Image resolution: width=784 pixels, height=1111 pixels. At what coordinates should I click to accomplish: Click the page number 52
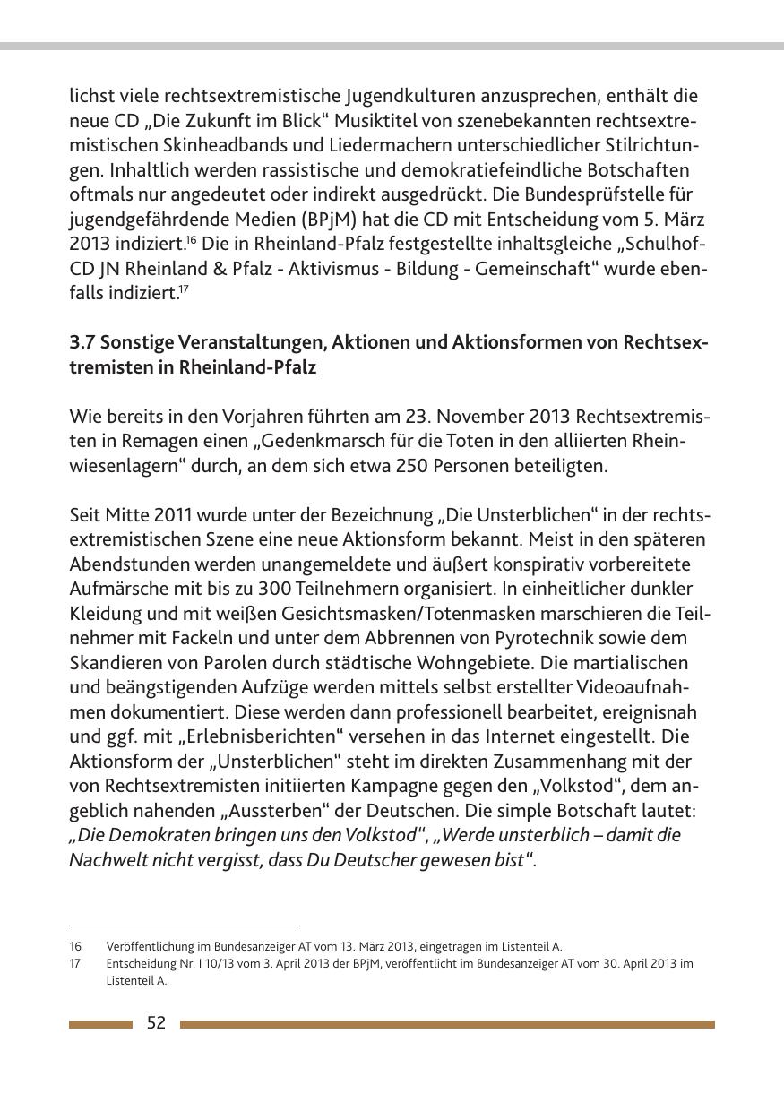click(x=156, y=1023)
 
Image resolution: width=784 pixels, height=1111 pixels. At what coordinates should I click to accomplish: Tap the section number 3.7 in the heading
click(x=82, y=343)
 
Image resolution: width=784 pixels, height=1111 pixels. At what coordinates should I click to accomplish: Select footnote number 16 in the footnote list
click(x=75, y=947)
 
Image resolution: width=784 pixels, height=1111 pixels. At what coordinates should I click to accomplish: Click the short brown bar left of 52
click(x=100, y=1024)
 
